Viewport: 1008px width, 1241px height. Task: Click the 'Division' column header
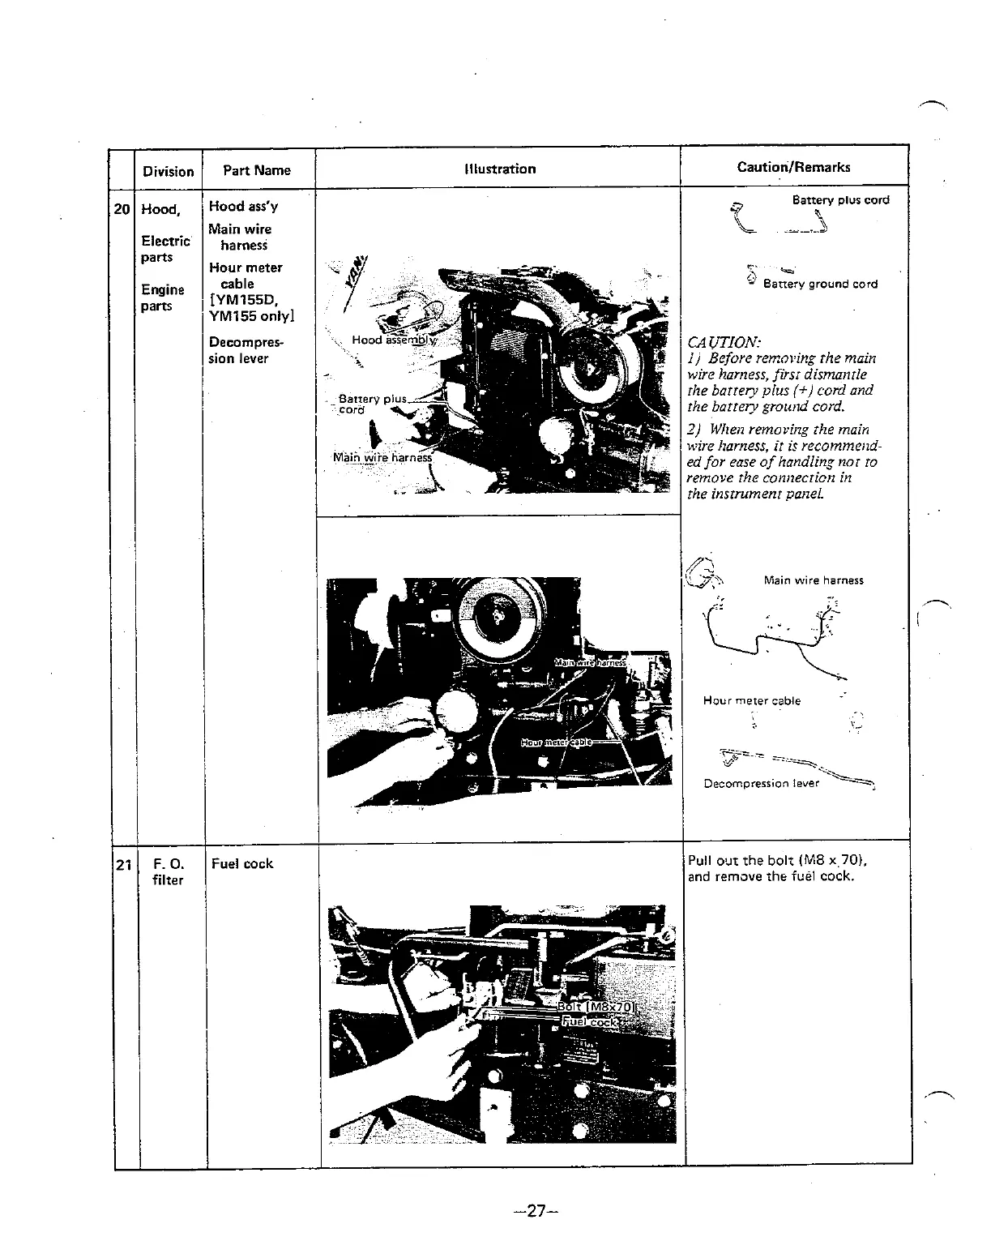click(x=168, y=171)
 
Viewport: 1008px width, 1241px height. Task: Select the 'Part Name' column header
click(x=256, y=170)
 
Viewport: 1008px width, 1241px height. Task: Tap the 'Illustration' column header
click(x=500, y=169)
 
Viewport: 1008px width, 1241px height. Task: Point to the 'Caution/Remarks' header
click(x=793, y=167)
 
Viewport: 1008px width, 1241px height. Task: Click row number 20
click(x=122, y=209)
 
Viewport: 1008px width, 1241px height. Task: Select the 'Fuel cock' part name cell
click(x=241, y=863)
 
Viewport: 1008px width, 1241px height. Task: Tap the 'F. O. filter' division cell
click(x=168, y=871)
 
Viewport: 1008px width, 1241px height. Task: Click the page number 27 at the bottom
click(x=532, y=1211)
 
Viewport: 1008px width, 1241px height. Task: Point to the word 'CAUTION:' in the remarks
click(x=723, y=342)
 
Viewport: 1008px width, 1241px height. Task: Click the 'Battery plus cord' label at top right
click(x=840, y=200)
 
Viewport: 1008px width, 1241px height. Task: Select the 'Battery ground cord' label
click(x=820, y=284)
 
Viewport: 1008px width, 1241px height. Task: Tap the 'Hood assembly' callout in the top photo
click(x=393, y=340)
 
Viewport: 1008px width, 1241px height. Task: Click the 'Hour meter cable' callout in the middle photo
click(x=556, y=742)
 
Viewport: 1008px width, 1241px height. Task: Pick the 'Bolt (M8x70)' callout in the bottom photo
click(x=599, y=1007)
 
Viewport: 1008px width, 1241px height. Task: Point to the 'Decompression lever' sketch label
click(x=761, y=783)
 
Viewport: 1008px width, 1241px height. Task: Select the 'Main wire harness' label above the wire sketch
click(x=813, y=580)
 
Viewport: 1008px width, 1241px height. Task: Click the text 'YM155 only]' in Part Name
click(x=251, y=315)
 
